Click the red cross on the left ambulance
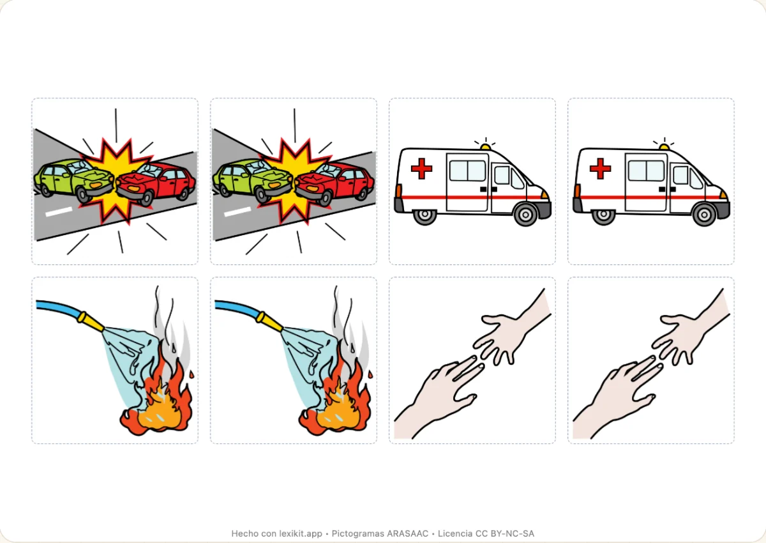point(421,169)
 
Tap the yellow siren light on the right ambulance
point(664,147)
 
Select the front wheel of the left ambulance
point(525,215)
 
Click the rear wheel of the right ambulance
point(604,215)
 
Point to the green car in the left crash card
point(74,180)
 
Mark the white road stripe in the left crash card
point(59,212)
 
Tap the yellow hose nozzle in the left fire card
point(91,321)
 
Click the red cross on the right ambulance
point(600,169)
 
